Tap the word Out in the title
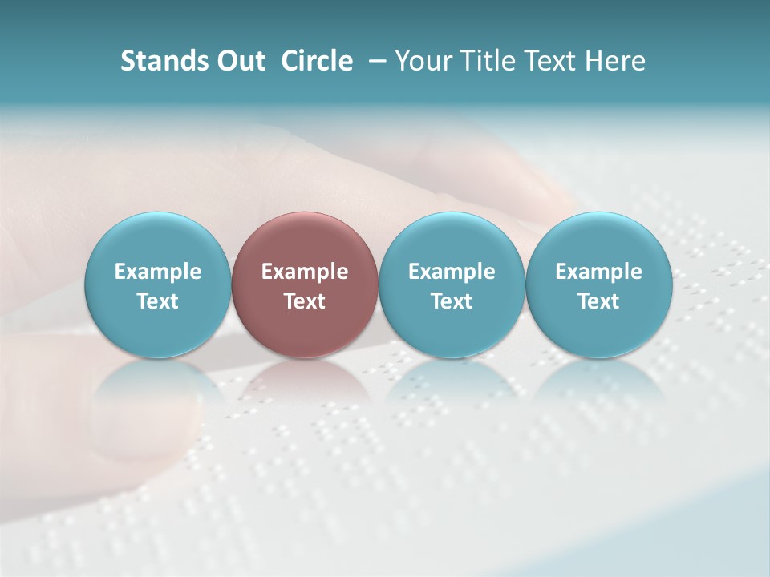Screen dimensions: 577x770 [x=239, y=61]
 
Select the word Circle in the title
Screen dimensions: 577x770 [x=317, y=61]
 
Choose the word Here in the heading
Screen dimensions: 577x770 [x=615, y=61]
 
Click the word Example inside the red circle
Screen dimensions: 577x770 [x=305, y=272]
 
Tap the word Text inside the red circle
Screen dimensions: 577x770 [x=305, y=301]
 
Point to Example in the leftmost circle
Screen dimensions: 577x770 [x=157, y=272]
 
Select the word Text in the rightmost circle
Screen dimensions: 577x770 [x=598, y=301]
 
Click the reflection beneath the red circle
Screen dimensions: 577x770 [x=305, y=385]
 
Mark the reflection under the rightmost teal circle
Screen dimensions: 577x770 [x=598, y=385]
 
